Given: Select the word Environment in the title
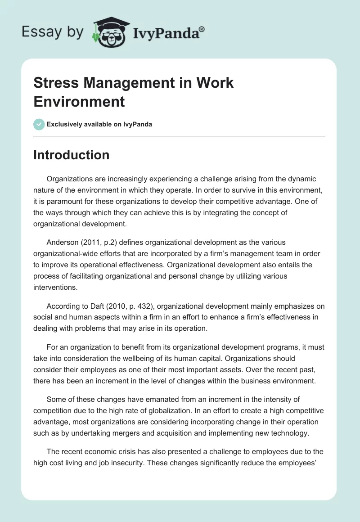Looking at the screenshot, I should [x=79, y=102].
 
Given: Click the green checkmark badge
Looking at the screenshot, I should [x=39, y=124].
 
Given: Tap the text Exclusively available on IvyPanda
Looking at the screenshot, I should [x=99, y=124].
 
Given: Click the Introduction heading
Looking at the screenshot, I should [x=71, y=155].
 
